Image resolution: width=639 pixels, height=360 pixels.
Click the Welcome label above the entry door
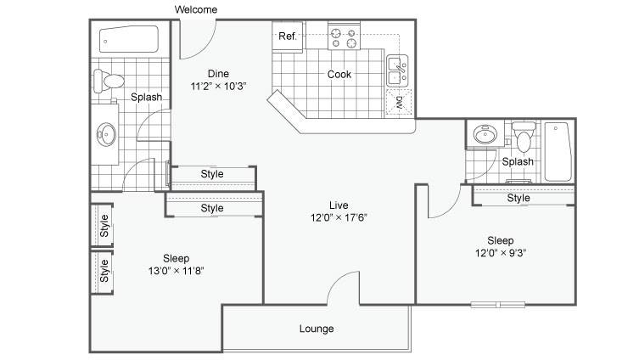tap(196, 9)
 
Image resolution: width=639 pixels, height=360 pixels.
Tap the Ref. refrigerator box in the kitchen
tap(288, 37)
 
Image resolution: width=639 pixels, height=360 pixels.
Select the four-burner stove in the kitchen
tap(344, 37)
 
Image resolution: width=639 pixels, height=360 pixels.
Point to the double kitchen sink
tap(397, 71)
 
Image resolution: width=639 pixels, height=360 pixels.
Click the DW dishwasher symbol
tap(399, 102)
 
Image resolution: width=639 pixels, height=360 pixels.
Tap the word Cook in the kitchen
tap(339, 74)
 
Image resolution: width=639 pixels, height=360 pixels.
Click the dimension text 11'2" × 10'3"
tap(218, 86)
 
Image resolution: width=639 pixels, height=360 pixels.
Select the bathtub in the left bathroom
tap(129, 39)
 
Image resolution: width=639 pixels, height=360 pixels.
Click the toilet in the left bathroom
tap(109, 82)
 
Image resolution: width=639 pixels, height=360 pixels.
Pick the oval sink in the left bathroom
tap(106, 133)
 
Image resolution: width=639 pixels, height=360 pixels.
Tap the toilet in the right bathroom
tap(524, 136)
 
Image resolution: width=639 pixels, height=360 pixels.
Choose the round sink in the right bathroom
tap(485, 133)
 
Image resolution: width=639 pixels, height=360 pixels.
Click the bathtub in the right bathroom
tap(558, 152)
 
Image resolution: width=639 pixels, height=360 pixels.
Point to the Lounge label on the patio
tap(317, 329)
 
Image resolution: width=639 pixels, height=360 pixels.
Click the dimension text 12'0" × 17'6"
tap(339, 217)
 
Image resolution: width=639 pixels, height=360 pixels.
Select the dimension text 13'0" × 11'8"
tap(176, 271)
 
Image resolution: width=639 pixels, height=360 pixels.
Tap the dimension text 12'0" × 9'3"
tap(501, 253)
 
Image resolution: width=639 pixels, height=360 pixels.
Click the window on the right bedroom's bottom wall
tap(498, 304)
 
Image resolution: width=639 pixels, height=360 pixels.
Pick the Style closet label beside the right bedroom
tap(518, 198)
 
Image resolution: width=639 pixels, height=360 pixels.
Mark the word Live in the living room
tap(339, 205)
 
